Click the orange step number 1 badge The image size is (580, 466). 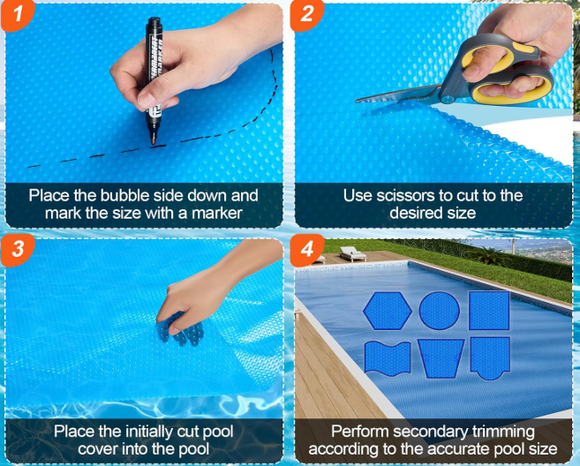(17, 15)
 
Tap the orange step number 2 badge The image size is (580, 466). (306, 15)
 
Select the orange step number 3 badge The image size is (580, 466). (17, 249)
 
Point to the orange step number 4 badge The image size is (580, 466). (306, 249)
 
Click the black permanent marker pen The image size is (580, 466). (154, 79)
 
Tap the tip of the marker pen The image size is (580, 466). (153, 144)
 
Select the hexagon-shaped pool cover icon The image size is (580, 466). (388, 311)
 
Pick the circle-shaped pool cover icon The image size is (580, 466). (440, 311)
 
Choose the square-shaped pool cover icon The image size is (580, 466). (489, 311)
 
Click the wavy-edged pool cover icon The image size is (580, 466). (388, 358)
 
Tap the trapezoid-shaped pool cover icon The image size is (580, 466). (441, 358)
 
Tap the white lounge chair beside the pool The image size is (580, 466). (352, 253)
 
